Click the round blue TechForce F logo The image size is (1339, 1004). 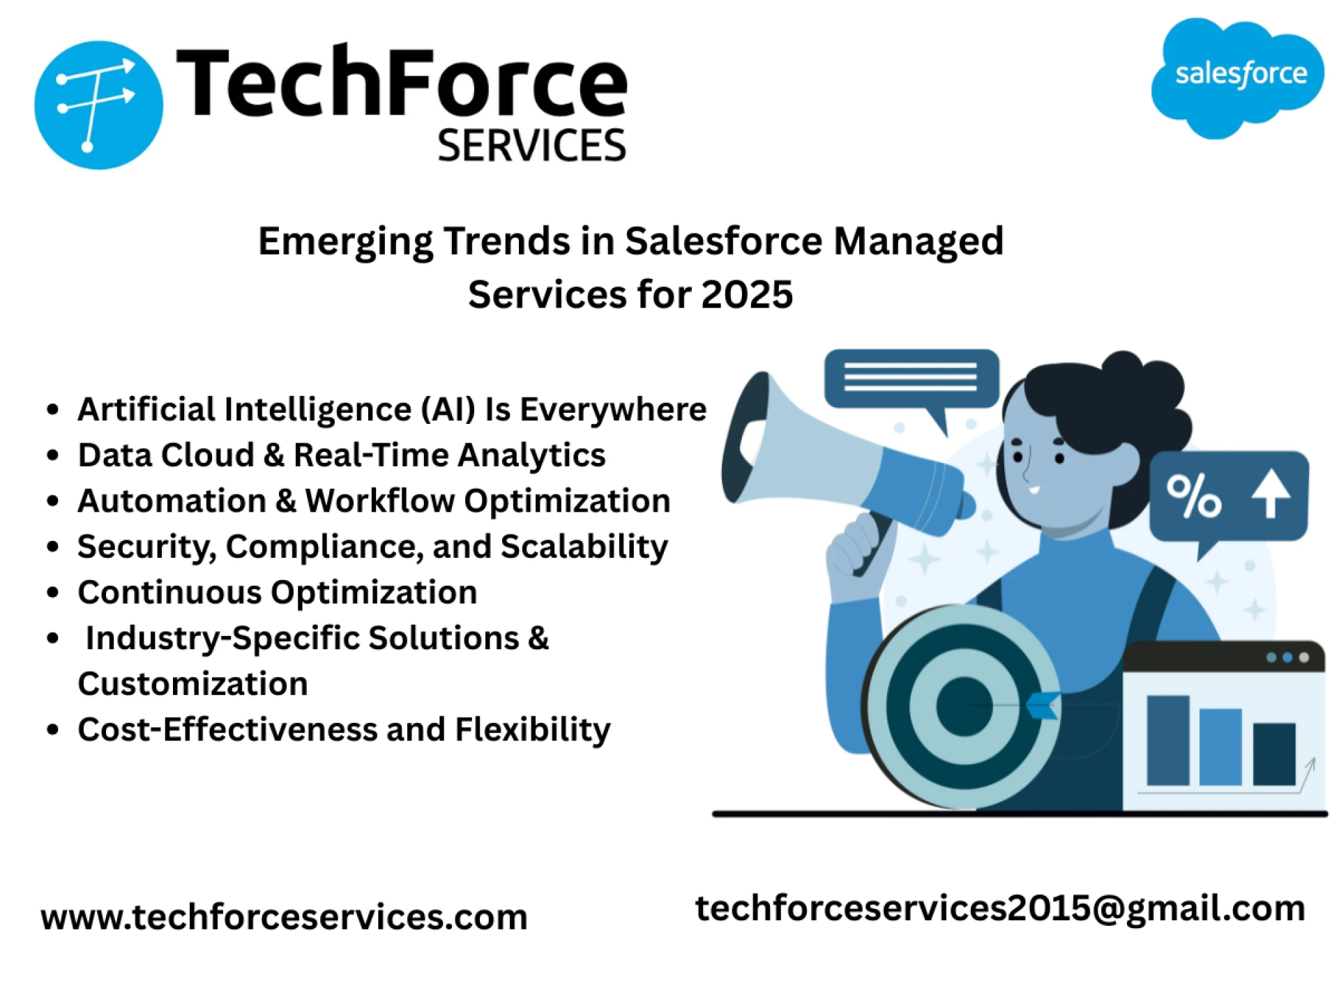point(98,105)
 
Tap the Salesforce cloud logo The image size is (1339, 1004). point(1237,77)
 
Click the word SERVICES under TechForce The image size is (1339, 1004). point(531,146)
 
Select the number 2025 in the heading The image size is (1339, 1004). point(747,294)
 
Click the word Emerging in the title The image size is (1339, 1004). point(345,241)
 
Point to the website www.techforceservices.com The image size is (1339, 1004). point(284,916)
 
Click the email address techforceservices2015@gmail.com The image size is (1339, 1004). point(999,908)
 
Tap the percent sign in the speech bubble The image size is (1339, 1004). point(1194,496)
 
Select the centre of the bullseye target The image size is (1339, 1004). point(964,706)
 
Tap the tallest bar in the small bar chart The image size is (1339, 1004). point(1167,740)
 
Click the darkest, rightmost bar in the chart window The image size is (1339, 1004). point(1273,754)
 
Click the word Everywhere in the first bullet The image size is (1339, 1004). point(613,409)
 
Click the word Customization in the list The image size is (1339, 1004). point(192,684)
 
